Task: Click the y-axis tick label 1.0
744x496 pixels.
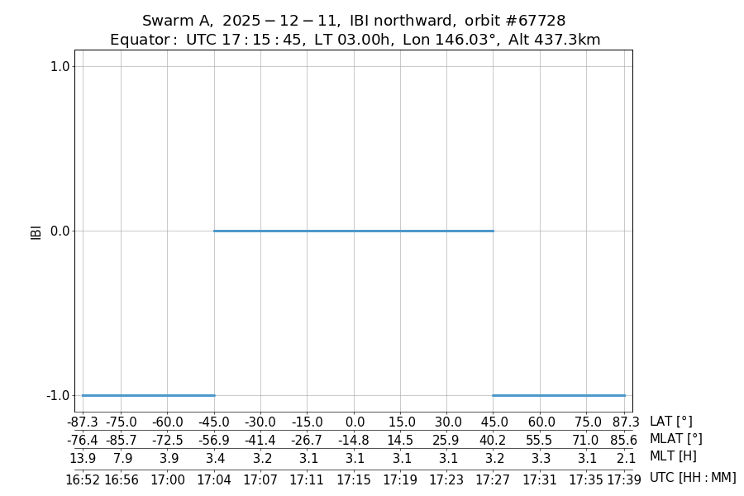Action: point(60,66)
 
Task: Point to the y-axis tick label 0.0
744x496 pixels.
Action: point(60,231)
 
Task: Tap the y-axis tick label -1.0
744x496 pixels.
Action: point(59,395)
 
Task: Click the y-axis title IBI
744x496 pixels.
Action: point(36,231)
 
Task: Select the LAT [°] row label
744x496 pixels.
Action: point(670,422)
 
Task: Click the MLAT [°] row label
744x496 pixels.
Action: point(675,439)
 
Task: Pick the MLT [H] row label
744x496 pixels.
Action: point(673,456)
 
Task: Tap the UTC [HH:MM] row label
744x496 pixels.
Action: point(692,478)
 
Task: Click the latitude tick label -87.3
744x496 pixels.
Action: point(82,422)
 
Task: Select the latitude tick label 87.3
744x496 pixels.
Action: point(625,422)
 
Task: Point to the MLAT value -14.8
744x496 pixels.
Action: point(354,440)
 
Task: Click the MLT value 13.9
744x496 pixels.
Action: point(83,457)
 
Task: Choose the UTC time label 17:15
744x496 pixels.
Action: point(354,479)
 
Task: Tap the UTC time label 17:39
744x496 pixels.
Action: point(624,479)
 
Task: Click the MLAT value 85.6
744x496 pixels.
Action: point(624,440)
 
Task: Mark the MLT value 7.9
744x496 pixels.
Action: point(121,457)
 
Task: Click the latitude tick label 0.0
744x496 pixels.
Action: point(355,422)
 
